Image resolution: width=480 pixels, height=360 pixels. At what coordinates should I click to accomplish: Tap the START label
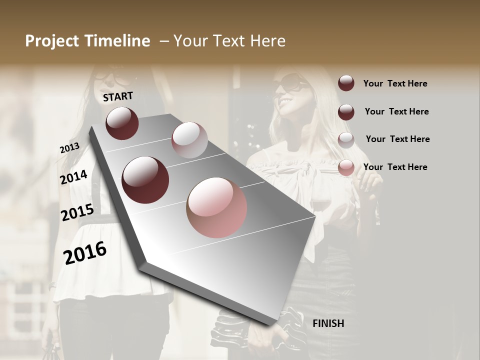pos(118,96)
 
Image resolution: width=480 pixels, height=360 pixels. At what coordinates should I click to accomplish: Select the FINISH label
pos(328,323)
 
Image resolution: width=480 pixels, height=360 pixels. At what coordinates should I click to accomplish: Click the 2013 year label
pos(69,147)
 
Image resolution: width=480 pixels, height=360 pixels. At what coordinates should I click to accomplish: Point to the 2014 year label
pos(73,177)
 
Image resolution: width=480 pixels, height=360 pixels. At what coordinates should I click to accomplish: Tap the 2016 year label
pos(85,253)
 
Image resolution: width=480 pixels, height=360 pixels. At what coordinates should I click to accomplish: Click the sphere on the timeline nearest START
pos(122,123)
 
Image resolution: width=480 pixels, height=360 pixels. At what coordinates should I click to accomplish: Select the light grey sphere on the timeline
pos(189,140)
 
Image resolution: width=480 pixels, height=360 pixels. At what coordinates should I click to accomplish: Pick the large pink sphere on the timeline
pos(216,207)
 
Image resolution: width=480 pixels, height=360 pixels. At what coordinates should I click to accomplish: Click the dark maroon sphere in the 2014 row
pos(145,180)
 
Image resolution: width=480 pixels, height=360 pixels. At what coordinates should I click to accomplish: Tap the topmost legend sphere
pos(346,83)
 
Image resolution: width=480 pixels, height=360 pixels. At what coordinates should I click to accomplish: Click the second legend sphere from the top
pos(346,111)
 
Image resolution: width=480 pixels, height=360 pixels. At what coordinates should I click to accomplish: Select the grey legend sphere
pos(346,139)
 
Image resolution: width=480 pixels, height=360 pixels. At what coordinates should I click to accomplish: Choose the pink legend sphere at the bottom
pos(346,167)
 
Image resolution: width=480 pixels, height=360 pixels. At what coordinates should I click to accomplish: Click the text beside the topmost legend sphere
pos(395,83)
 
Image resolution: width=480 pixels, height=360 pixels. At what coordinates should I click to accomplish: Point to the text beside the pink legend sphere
pos(395,167)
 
